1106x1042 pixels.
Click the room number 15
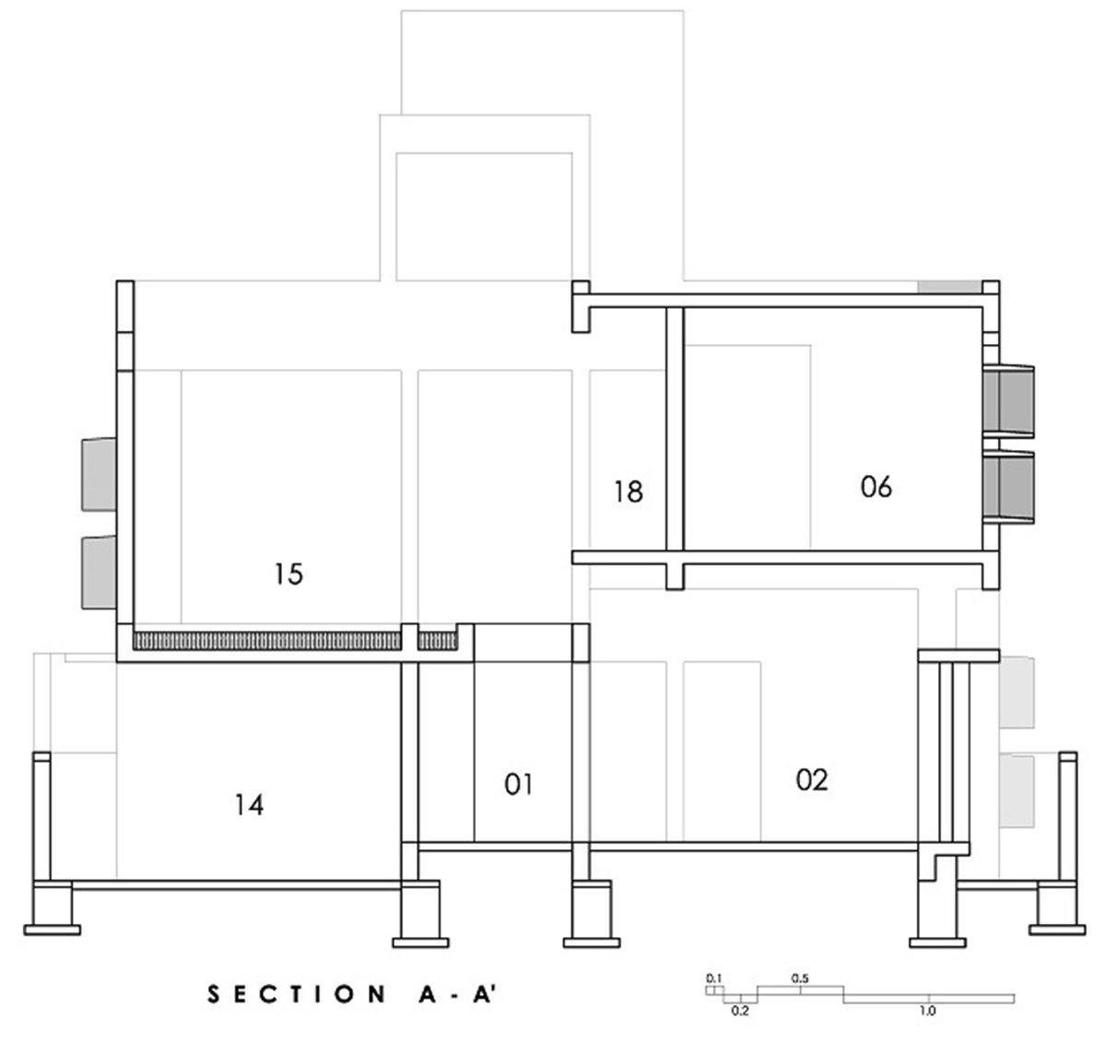(289, 574)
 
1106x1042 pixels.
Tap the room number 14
(249, 805)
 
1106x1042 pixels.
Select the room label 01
(519, 785)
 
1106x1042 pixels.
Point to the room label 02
(812, 780)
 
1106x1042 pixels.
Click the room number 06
(876, 487)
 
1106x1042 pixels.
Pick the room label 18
(629, 492)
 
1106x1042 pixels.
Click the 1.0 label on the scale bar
(928, 1011)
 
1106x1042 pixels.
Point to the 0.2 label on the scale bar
(740, 1011)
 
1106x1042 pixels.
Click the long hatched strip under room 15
(266, 642)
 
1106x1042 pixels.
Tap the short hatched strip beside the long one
(438, 642)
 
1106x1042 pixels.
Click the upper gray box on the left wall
(100, 474)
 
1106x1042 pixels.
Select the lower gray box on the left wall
(100, 573)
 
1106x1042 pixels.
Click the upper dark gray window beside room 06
(1008, 401)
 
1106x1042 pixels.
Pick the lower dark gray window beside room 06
(1008, 488)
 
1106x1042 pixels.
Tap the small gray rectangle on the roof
(949, 287)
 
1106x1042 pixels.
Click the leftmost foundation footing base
(53, 930)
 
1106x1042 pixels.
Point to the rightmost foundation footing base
(1057, 930)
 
